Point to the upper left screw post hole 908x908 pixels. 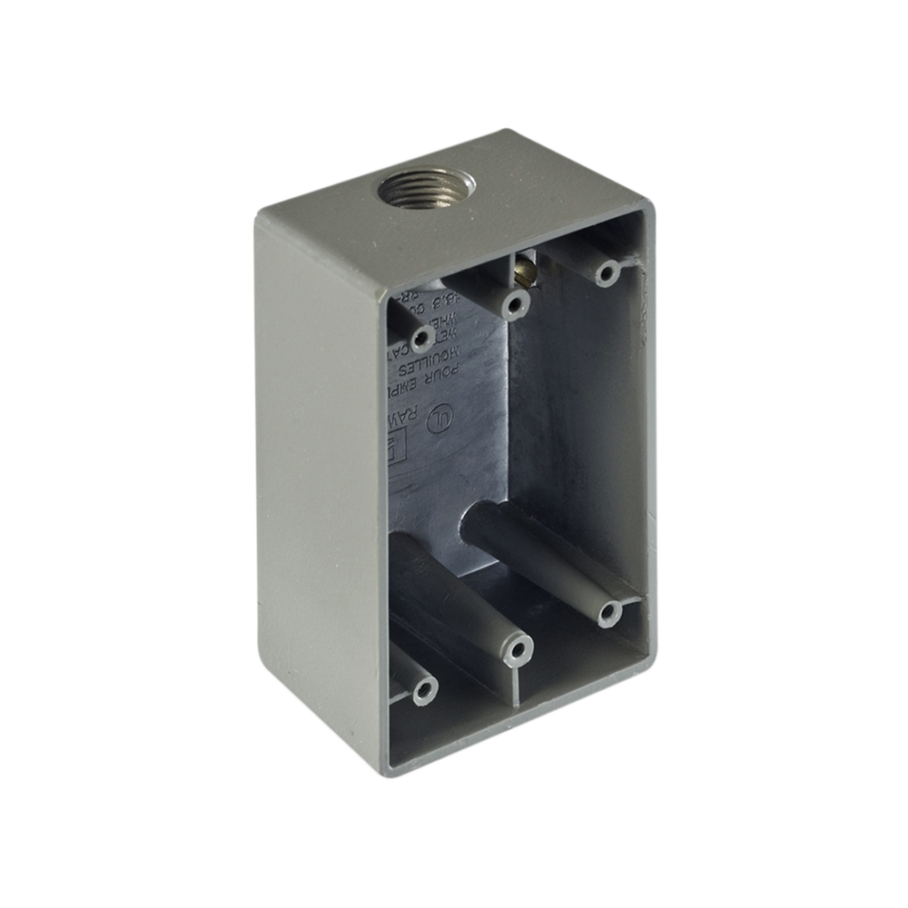coord(419,340)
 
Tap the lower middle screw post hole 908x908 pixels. coord(518,651)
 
